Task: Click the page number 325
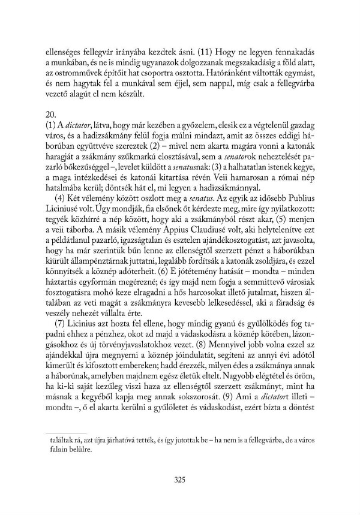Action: (x=179, y=479)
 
